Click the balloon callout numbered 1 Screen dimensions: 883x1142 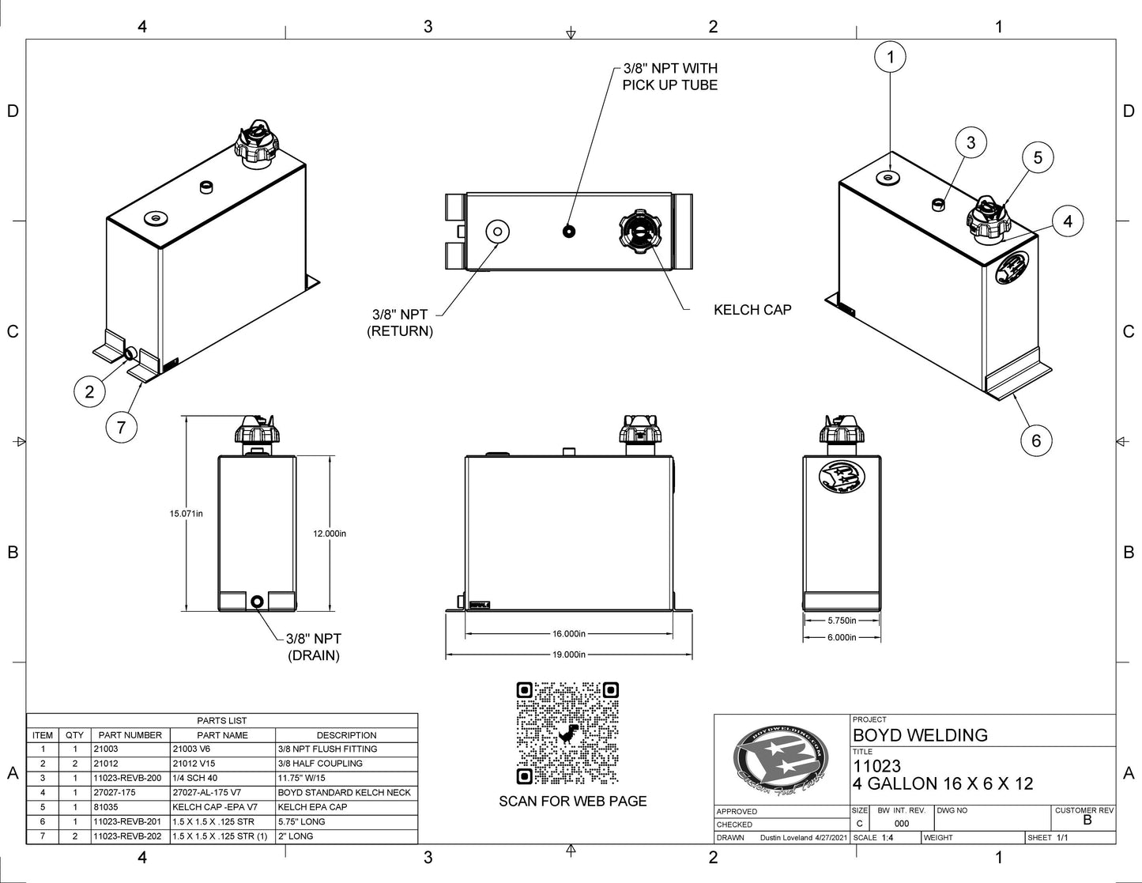tap(891, 56)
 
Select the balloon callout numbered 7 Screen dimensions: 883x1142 tap(121, 428)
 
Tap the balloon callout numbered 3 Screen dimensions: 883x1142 tap(971, 143)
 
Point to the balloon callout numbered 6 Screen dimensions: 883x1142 tap(1036, 440)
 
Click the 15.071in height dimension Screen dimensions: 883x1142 tap(186, 514)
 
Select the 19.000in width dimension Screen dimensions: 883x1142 tap(569, 655)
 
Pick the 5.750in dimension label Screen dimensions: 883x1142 tap(842, 621)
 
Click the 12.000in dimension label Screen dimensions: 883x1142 tap(330, 534)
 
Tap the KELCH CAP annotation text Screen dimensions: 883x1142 tap(752, 310)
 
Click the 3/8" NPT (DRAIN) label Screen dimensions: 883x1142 tap(314, 647)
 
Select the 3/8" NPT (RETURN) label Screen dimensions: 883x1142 tap(401, 323)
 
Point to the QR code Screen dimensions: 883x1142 tap(567, 734)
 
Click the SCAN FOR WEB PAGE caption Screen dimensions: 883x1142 tap(572, 802)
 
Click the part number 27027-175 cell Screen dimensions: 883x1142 tap(130, 793)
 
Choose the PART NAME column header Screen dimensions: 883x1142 tap(222, 735)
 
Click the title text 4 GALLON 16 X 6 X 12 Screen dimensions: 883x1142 tap(943, 784)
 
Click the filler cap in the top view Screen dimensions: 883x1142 tap(639, 231)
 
